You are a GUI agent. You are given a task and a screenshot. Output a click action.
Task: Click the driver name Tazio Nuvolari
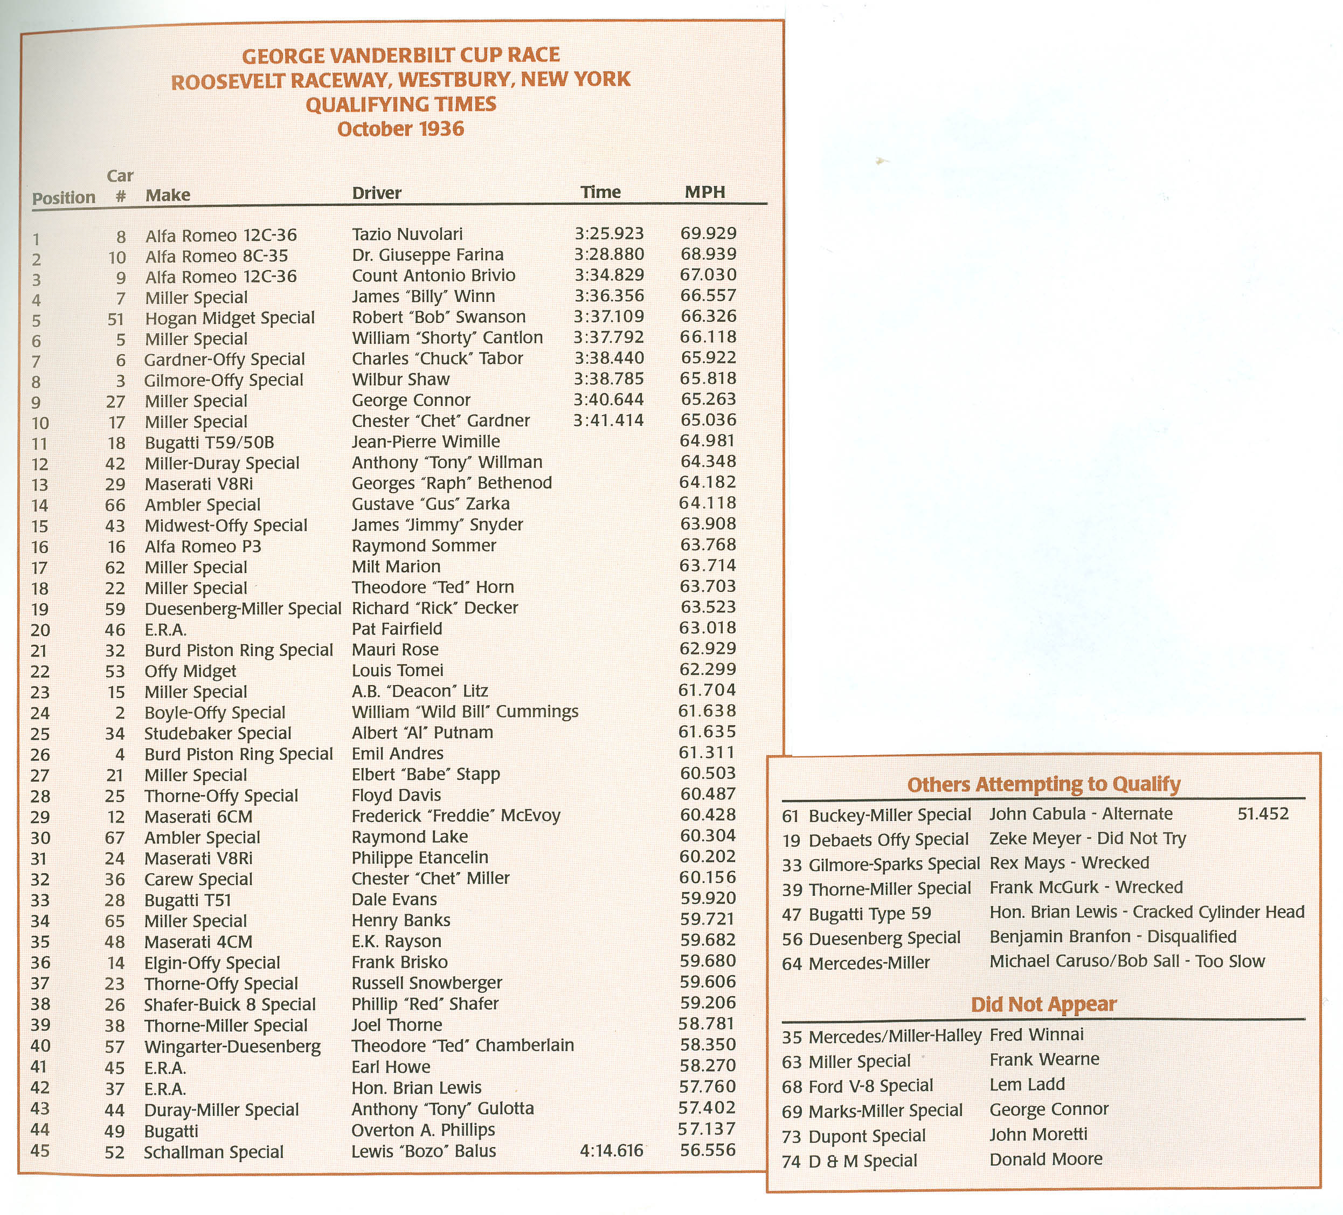407,234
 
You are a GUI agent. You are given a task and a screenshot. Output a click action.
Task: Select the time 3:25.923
609,234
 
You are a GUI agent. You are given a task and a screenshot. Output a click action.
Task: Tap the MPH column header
705,192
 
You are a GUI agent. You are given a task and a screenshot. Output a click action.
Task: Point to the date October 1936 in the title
400,129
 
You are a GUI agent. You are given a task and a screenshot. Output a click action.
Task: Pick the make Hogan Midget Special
230,318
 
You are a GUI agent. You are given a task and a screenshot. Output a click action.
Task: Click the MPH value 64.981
708,441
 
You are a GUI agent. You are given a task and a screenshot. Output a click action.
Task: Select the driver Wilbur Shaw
400,379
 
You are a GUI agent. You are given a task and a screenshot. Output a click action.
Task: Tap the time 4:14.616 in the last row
612,1151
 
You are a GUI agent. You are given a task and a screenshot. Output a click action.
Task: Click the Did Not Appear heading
1043,1004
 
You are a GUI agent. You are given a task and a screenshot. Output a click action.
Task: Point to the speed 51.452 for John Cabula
1263,814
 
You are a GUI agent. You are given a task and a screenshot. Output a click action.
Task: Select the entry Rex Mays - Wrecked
1069,863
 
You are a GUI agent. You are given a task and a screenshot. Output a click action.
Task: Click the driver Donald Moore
1045,1159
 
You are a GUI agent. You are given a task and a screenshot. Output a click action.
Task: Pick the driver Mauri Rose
395,650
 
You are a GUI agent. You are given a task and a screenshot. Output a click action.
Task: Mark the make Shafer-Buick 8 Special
230,1005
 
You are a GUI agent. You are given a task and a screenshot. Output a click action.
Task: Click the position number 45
40,1151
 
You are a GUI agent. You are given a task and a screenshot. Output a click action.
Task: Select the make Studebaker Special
218,734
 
